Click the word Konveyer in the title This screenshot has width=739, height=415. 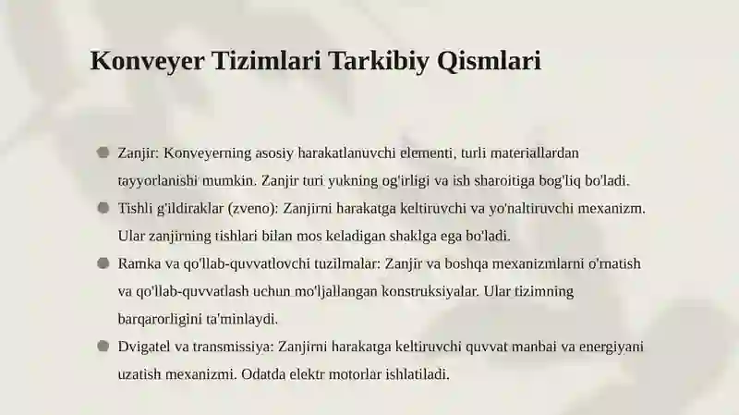point(148,61)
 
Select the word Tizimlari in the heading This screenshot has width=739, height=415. point(267,60)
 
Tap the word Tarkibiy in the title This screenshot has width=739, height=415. point(379,61)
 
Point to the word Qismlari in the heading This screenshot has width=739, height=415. point(489,61)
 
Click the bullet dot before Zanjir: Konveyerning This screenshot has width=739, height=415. point(103,153)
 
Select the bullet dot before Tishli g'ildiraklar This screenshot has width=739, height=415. point(103,207)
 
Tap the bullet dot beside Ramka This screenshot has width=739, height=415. point(103,262)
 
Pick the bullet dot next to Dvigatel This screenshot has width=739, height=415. point(103,347)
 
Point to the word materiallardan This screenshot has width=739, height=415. point(535,153)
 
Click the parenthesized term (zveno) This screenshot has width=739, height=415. point(253,209)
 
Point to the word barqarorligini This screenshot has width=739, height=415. point(160,319)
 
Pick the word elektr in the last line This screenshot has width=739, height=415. point(307,374)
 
